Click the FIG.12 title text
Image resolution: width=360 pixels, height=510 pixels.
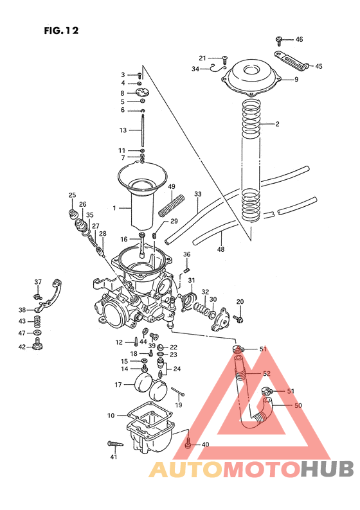pos(61,30)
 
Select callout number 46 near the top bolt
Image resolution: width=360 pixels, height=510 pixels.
pos(299,39)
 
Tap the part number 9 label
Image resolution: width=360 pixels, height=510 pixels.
pos(296,80)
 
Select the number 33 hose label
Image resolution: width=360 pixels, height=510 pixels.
pos(198,193)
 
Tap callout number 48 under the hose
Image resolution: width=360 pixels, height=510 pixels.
pos(221,249)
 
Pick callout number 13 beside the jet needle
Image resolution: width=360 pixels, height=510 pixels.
pos(123,130)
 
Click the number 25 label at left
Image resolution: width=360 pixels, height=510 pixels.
pos(72,195)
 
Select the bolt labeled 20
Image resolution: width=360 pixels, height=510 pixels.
pos(239,317)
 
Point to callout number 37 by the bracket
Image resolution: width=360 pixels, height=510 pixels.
pos(38,281)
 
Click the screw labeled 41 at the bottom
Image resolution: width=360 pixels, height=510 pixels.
pos(113,444)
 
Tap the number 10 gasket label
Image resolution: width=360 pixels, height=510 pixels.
pos(111,416)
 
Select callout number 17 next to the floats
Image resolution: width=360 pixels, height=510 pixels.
pos(118,385)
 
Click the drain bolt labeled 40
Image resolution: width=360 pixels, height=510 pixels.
pos(188,443)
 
